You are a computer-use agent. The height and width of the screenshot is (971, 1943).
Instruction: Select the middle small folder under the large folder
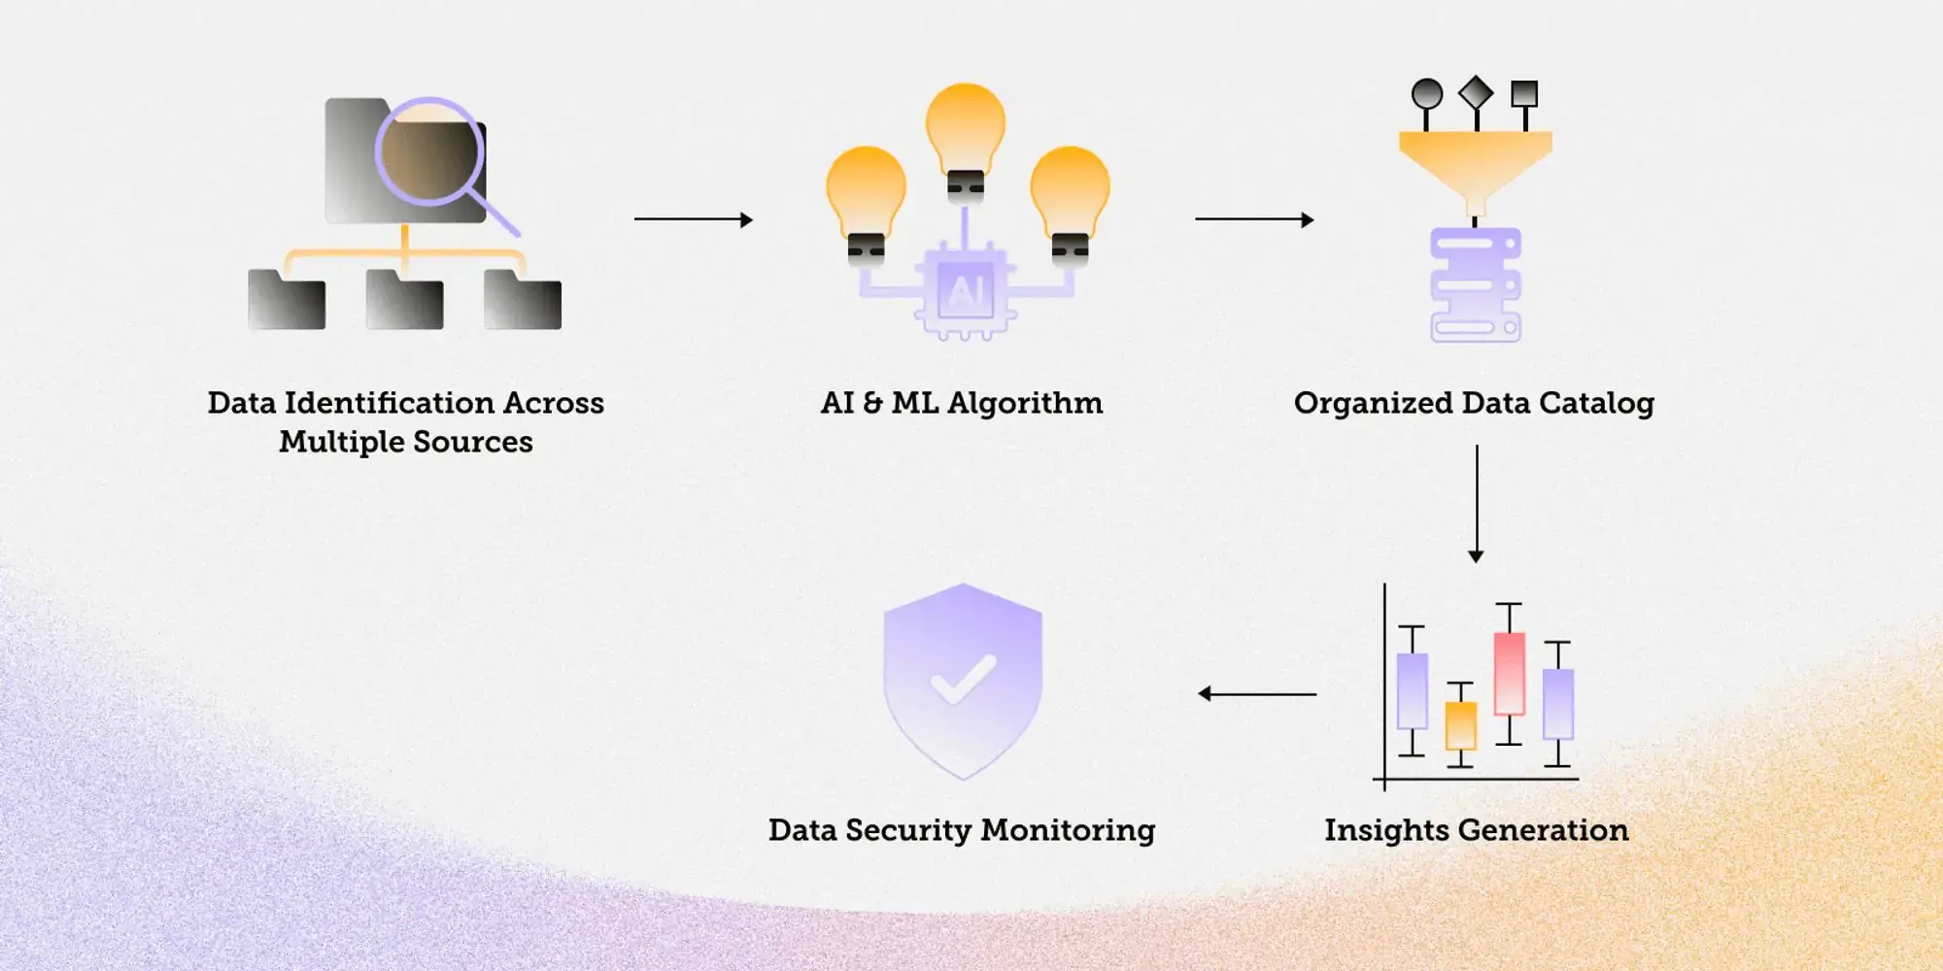[x=404, y=301]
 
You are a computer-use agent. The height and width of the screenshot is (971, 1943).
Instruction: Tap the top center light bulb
[x=965, y=131]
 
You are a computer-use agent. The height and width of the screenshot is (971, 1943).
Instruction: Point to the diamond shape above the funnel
[x=1476, y=93]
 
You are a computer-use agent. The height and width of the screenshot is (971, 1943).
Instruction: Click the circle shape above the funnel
[x=1426, y=94]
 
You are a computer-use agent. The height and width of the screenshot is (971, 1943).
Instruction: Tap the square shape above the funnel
[x=1524, y=94]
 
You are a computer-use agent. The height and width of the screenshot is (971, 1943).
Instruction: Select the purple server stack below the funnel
[x=1475, y=285]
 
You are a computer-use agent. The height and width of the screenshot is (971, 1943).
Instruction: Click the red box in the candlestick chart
[x=1509, y=673]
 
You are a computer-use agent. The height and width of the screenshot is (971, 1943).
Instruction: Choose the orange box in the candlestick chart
[x=1460, y=725]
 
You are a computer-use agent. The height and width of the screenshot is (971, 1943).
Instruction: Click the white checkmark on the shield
[x=963, y=680]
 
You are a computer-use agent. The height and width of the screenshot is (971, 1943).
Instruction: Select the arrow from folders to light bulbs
[x=693, y=219]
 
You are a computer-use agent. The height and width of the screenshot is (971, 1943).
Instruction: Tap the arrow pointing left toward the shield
[x=1257, y=693]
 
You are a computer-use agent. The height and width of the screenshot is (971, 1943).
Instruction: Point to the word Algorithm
[x=1025, y=403]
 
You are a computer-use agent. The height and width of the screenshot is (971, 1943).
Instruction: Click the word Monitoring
[x=1068, y=831]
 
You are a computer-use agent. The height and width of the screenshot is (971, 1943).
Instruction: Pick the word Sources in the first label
[x=472, y=443]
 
